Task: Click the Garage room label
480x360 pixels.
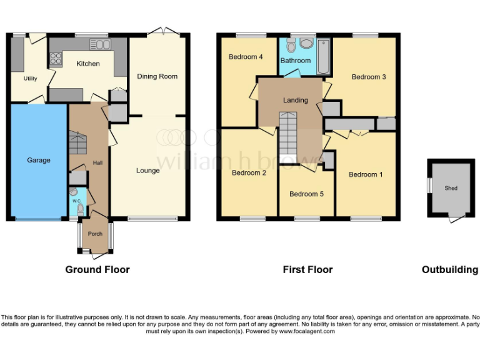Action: point(38,161)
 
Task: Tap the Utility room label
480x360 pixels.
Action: point(30,79)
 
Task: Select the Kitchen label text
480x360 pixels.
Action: point(88,64)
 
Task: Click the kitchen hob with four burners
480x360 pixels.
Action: point(56,58)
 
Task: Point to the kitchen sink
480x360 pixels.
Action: point(99,44)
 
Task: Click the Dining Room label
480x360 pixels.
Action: point(157,76)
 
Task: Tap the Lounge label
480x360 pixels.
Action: point(148,171)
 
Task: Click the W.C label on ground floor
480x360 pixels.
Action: point(76,201)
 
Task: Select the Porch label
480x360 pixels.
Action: point(95,234)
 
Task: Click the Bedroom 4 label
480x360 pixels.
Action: point(246,57)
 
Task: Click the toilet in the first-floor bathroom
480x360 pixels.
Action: point(306,43)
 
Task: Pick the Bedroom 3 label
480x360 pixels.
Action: point(369,77)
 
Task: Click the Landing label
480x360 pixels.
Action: point(295,100)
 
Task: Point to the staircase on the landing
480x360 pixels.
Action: point(289,134)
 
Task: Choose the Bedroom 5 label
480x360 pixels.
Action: point(306,194)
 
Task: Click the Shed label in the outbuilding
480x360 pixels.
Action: point(451,187)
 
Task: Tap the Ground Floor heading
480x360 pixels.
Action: point(97,269)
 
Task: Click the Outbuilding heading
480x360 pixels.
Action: point(450,269)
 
